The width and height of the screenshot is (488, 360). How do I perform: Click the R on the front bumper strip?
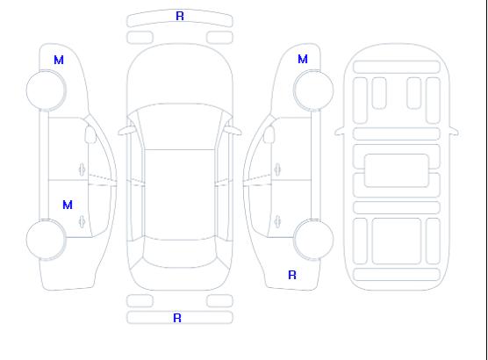click(180, 16)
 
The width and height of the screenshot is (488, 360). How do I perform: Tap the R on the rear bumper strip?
click(177, 318)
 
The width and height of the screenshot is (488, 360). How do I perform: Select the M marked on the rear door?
click(68, 205)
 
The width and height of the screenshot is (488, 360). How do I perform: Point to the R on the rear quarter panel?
click(292, 275)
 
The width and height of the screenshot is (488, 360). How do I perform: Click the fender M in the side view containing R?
click(303, 59)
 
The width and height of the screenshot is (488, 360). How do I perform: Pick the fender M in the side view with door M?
click(59, 60)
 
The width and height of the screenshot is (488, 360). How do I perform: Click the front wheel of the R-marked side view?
click(313, 90)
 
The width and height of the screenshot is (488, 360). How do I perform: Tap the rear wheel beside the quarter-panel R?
click(313, 240)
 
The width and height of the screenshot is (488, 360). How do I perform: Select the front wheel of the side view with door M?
click(46, 90)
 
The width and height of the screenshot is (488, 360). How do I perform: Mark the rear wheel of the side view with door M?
click(46, 240)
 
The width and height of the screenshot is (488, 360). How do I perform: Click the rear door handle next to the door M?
click(82, 221)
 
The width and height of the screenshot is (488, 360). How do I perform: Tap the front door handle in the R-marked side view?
click(277, 169)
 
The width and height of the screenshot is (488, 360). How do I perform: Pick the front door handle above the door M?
click(82, 169)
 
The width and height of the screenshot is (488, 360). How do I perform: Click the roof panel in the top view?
click(180, 195)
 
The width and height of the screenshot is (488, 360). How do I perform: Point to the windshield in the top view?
click(180, 126)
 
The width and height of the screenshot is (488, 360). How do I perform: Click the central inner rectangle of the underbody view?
click(397, 170)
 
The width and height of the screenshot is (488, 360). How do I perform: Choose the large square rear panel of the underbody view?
click(397, 241)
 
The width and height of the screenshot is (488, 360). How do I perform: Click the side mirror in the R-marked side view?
click(269, 134)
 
